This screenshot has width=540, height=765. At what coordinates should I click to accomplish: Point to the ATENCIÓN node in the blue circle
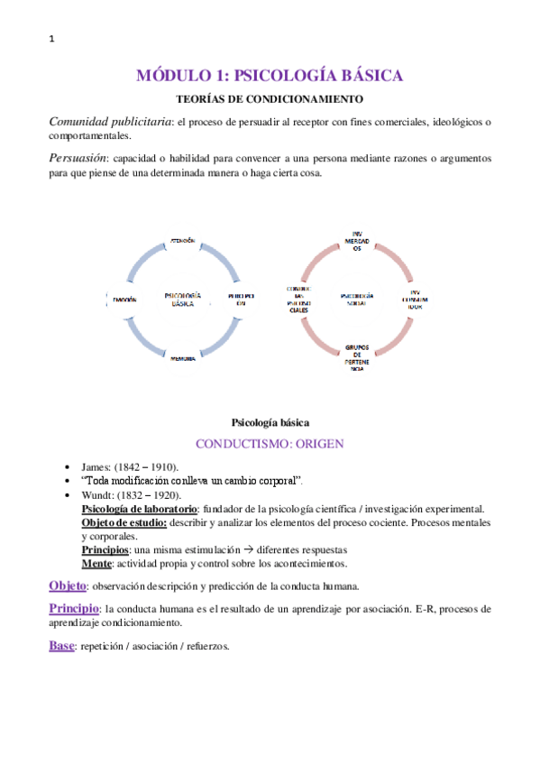click(183, 241)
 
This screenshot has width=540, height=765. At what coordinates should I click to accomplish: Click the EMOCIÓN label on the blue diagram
click(122, 299)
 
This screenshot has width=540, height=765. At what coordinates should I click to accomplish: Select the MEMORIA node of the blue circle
click(184, 358)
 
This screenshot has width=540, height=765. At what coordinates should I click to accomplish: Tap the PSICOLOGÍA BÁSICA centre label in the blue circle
click(184, 299)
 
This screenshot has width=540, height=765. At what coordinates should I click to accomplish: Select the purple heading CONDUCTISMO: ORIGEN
click(270, 443)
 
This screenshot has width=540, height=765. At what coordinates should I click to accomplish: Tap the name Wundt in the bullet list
click(97, 495)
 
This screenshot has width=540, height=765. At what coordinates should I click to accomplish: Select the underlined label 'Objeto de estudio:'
click(124, 522)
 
